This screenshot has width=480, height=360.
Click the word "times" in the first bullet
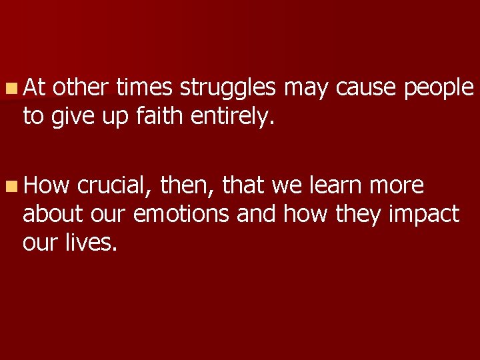[x=144, y=87]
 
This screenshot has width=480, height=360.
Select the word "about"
[x=52, y=215]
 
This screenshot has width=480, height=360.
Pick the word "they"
[x=353, y=215]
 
